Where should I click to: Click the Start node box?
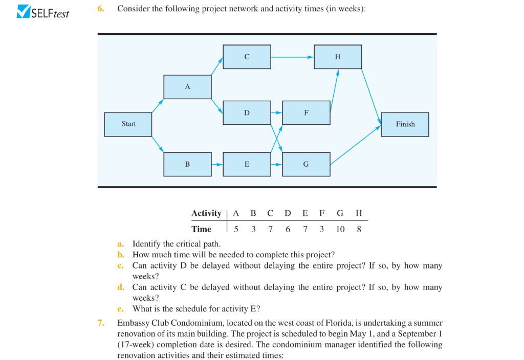[128, 124]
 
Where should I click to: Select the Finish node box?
[405, 124]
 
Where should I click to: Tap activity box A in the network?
[187, 87]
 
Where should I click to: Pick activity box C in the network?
[247, 57]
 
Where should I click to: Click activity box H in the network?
[338, 57]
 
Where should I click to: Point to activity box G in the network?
[306, 164]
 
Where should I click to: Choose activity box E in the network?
[247, 164]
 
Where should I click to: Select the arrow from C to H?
[292, 57]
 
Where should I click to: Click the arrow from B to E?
[217, 164]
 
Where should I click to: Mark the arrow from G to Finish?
[356, 145]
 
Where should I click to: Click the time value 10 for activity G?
[340, 229]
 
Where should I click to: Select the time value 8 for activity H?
[359, 229]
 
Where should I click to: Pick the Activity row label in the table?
[206, 213]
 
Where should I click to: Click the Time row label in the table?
[201, 229]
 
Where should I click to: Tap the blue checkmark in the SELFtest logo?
[24, 11]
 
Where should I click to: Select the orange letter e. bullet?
[121, 308]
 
